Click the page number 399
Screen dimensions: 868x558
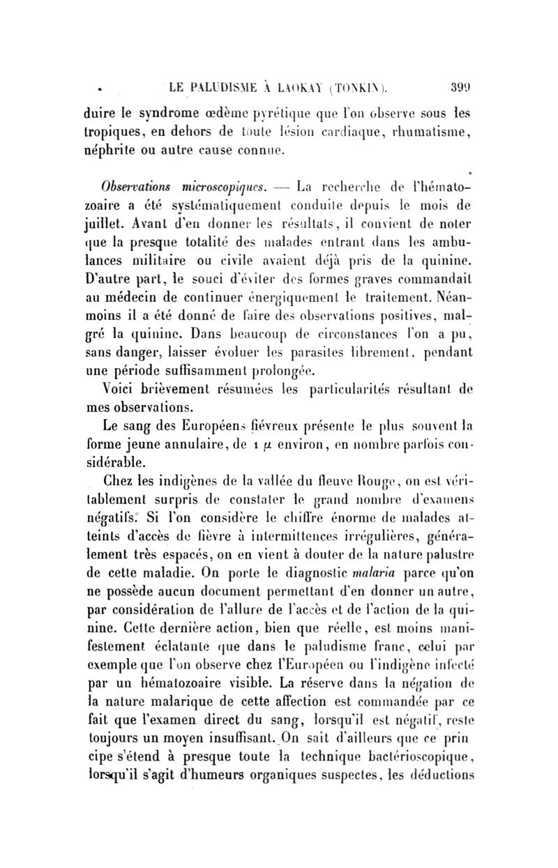462,89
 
